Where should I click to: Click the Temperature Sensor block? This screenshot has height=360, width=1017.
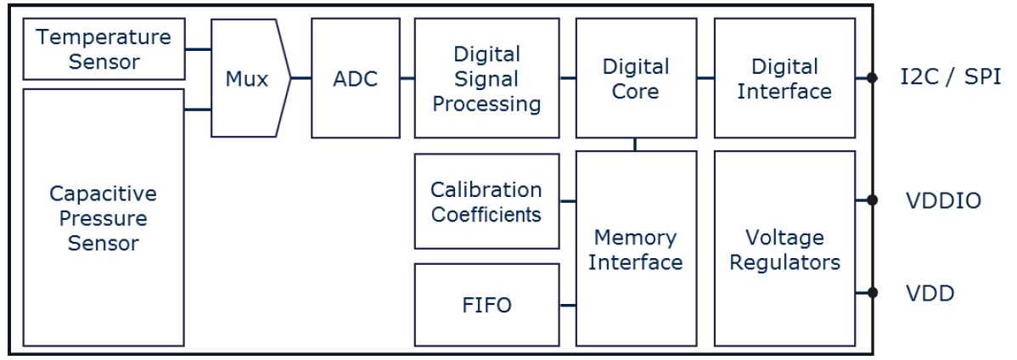[x=103, y=49]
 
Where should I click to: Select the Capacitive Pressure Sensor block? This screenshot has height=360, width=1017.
[x=103, y=217]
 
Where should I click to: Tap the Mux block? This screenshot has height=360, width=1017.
[x=247, y=79]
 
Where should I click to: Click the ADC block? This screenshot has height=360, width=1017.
[x=355, y=79]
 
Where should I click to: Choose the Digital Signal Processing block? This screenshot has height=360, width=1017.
[x=486, y=79]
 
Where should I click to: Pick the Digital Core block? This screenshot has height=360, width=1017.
[x=635, y=79]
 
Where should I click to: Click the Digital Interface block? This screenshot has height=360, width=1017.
[x=784, y=79]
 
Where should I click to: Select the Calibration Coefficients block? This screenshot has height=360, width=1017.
[x=486, y=201]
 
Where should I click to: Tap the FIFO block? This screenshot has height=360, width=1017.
[x=486, y=305]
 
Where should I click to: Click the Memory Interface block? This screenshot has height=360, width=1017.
[x=635, y=249]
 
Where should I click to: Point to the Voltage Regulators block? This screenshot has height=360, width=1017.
[x=784, y=249]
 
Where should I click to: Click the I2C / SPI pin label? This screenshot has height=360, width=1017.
[x=950, y=77]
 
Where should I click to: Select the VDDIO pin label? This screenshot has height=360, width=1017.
[x=942, y=201]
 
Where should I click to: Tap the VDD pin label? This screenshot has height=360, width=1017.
[x=929, y=294]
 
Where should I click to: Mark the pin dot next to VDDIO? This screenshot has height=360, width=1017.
[x=872, y=200]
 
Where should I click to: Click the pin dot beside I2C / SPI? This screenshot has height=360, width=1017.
[x=872, y=78]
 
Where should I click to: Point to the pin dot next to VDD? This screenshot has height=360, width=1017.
[x=872, y=293]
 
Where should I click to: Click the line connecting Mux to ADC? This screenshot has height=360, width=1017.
[x=301, y=79]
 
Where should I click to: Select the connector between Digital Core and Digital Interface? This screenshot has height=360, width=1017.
[x=704, y=79]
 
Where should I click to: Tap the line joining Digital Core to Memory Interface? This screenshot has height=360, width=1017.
[x=635, y=144]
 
